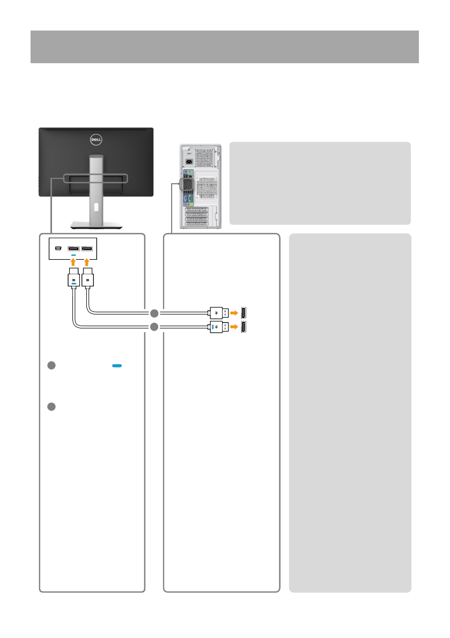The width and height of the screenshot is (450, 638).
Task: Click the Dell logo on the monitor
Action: (x=96, y=141)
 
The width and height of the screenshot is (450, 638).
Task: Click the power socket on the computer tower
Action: (x=189, y=161)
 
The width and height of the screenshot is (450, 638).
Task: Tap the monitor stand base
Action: (x=95, y=223)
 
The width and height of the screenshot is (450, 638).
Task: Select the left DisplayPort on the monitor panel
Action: (x=73, y=249)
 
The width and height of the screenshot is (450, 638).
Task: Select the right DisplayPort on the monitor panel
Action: (x=87, y=249)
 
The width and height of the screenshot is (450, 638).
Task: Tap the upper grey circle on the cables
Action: (x=154, y=313)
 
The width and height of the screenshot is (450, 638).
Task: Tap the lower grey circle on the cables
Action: (x=154, y=327)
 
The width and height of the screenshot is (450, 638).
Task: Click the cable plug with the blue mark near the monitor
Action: (x=73, y=280)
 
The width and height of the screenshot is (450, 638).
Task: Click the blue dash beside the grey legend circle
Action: (x=117, y=365)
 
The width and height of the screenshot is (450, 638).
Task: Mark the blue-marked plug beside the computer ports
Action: (x=217, y=327)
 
